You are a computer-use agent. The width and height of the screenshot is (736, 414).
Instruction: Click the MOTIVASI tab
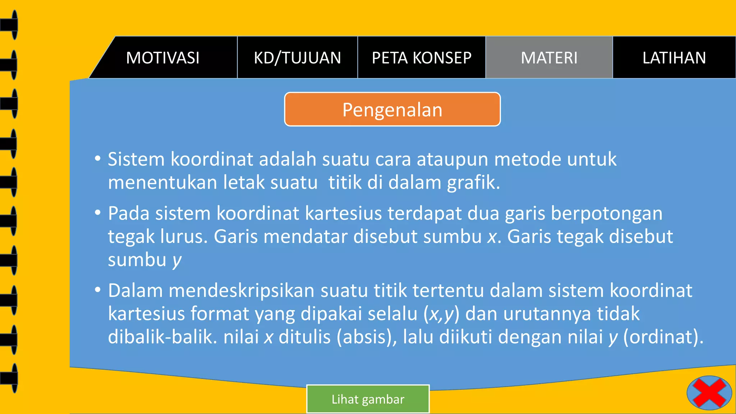163,58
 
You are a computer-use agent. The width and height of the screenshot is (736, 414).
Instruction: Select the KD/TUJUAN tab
297,58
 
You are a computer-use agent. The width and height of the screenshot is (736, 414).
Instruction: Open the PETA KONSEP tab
422,58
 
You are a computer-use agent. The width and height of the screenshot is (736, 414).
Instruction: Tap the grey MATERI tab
549,58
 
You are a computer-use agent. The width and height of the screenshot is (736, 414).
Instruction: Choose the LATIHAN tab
674,58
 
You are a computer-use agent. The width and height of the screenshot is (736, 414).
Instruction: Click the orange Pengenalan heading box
392,110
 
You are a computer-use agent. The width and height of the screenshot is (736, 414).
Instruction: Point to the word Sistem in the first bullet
136,159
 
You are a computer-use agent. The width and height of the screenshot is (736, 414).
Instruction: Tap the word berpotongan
607,213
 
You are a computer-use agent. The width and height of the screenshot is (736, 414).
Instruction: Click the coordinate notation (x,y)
441,314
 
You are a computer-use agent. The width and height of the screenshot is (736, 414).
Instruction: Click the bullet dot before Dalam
98,290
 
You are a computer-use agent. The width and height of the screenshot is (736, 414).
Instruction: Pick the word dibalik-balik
162,337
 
